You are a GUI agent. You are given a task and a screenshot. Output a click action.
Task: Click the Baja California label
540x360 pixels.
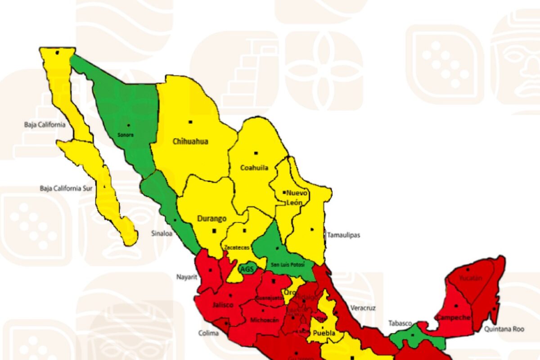[45, 125]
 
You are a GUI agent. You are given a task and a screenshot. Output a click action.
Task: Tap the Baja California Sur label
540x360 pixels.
[66, 189]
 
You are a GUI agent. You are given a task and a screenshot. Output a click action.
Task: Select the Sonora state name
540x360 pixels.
[126, 135]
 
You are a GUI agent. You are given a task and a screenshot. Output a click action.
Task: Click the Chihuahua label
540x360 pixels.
[190, 141]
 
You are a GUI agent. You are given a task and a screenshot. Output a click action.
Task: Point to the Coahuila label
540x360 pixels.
[254, 168]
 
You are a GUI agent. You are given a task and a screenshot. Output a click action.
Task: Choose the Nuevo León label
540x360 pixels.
[296, 198]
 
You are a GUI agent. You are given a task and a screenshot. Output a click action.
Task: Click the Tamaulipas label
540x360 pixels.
[343, 235]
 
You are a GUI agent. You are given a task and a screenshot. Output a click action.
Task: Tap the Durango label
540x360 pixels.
[211, 219]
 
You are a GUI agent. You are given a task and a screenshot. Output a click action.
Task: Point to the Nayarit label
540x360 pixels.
[187, 277]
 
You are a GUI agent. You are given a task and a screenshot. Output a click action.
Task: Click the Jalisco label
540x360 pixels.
[223, 305]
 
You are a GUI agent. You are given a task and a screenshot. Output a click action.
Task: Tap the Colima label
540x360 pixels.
[208, 333]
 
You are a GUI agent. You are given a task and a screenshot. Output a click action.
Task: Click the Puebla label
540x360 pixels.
[324, 333]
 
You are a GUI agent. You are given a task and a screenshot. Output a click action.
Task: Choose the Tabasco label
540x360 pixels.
[400, 323]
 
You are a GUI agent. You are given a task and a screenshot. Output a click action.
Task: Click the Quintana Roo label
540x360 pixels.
[504, 329]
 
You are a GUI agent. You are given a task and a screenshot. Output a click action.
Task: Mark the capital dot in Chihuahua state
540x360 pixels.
[190, 122]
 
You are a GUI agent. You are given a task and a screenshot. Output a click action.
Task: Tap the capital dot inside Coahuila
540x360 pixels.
[256, 153]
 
